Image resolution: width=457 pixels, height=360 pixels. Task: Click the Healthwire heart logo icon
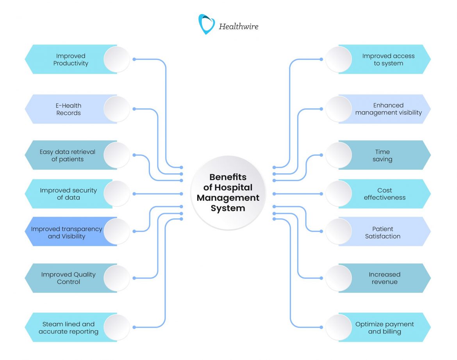(206, 25)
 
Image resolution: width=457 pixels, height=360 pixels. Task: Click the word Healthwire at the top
(238, 27)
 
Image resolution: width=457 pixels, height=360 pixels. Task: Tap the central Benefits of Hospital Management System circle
(228, 193)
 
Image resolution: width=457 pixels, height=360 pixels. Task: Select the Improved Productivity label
(71, 60)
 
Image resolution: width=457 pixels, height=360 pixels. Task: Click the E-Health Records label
(68, 109)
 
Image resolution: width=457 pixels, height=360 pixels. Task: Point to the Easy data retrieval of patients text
(67, 155)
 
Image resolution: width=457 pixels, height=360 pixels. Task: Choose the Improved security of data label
(68, 194)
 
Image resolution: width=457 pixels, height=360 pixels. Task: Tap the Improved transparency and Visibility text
(66, 233)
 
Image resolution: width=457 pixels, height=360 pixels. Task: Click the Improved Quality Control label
(68, 278)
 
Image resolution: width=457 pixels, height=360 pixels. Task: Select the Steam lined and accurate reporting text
(68, 328)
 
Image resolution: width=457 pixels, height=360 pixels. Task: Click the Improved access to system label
(388, 60)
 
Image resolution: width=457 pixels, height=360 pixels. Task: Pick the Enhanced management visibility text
(388, 109)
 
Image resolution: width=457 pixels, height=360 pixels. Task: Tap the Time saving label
(382, 155)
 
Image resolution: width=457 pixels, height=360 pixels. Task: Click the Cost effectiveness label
(385, 194)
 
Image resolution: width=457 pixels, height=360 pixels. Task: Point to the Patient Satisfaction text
(383, 233)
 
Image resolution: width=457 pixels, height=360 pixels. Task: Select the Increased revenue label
(384, 278)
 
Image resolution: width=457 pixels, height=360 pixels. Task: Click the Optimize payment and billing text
(384, 328)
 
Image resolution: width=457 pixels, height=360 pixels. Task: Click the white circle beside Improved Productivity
(117, 59)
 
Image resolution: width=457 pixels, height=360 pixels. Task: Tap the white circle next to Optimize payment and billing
(339, 327)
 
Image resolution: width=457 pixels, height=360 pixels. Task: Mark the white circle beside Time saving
(339, 155)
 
